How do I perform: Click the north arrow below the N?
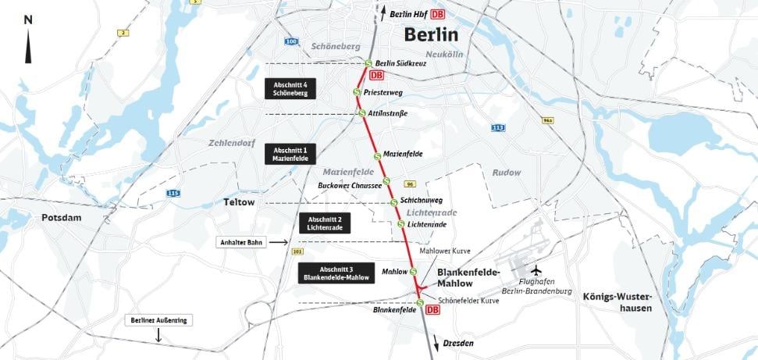29,48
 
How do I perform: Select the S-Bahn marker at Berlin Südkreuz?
368,63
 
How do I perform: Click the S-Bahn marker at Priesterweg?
357,91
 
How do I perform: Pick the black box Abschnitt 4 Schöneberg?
290,88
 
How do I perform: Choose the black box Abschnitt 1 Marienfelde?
290,153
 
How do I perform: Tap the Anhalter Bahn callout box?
240,243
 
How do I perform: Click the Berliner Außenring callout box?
159,320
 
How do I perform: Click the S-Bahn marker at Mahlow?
413,272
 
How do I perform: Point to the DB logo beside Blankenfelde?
432,310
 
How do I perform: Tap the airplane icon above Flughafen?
536,270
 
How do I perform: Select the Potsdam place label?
62,218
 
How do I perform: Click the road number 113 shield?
497,127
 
